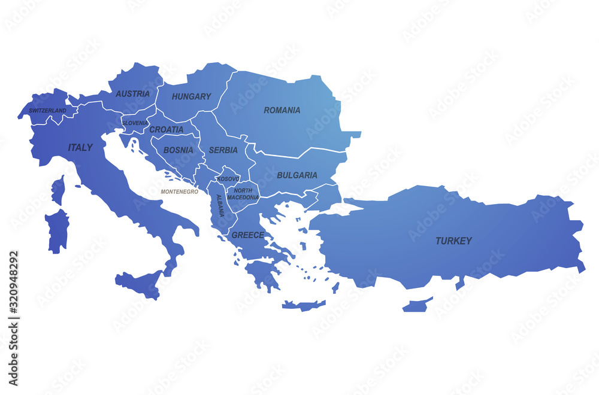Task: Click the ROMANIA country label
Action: point(282,110)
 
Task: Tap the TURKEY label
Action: point(453,241)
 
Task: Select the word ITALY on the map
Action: point(80,147)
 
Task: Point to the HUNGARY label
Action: point(192,96)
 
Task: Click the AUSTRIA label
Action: point(133,94)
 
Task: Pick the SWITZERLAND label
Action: point(47,111)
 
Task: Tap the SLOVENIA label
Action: point(135,123)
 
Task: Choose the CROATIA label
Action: point(167,129)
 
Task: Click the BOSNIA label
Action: point(179,150)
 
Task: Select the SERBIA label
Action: point(223,150)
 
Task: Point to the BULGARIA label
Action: point(297,175)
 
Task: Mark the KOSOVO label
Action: point(228,179)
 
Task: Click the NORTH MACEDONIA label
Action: point(243,194)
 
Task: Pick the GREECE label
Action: point(248,235)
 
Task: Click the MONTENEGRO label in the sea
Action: point(179,192)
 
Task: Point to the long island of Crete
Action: point(303,305)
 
